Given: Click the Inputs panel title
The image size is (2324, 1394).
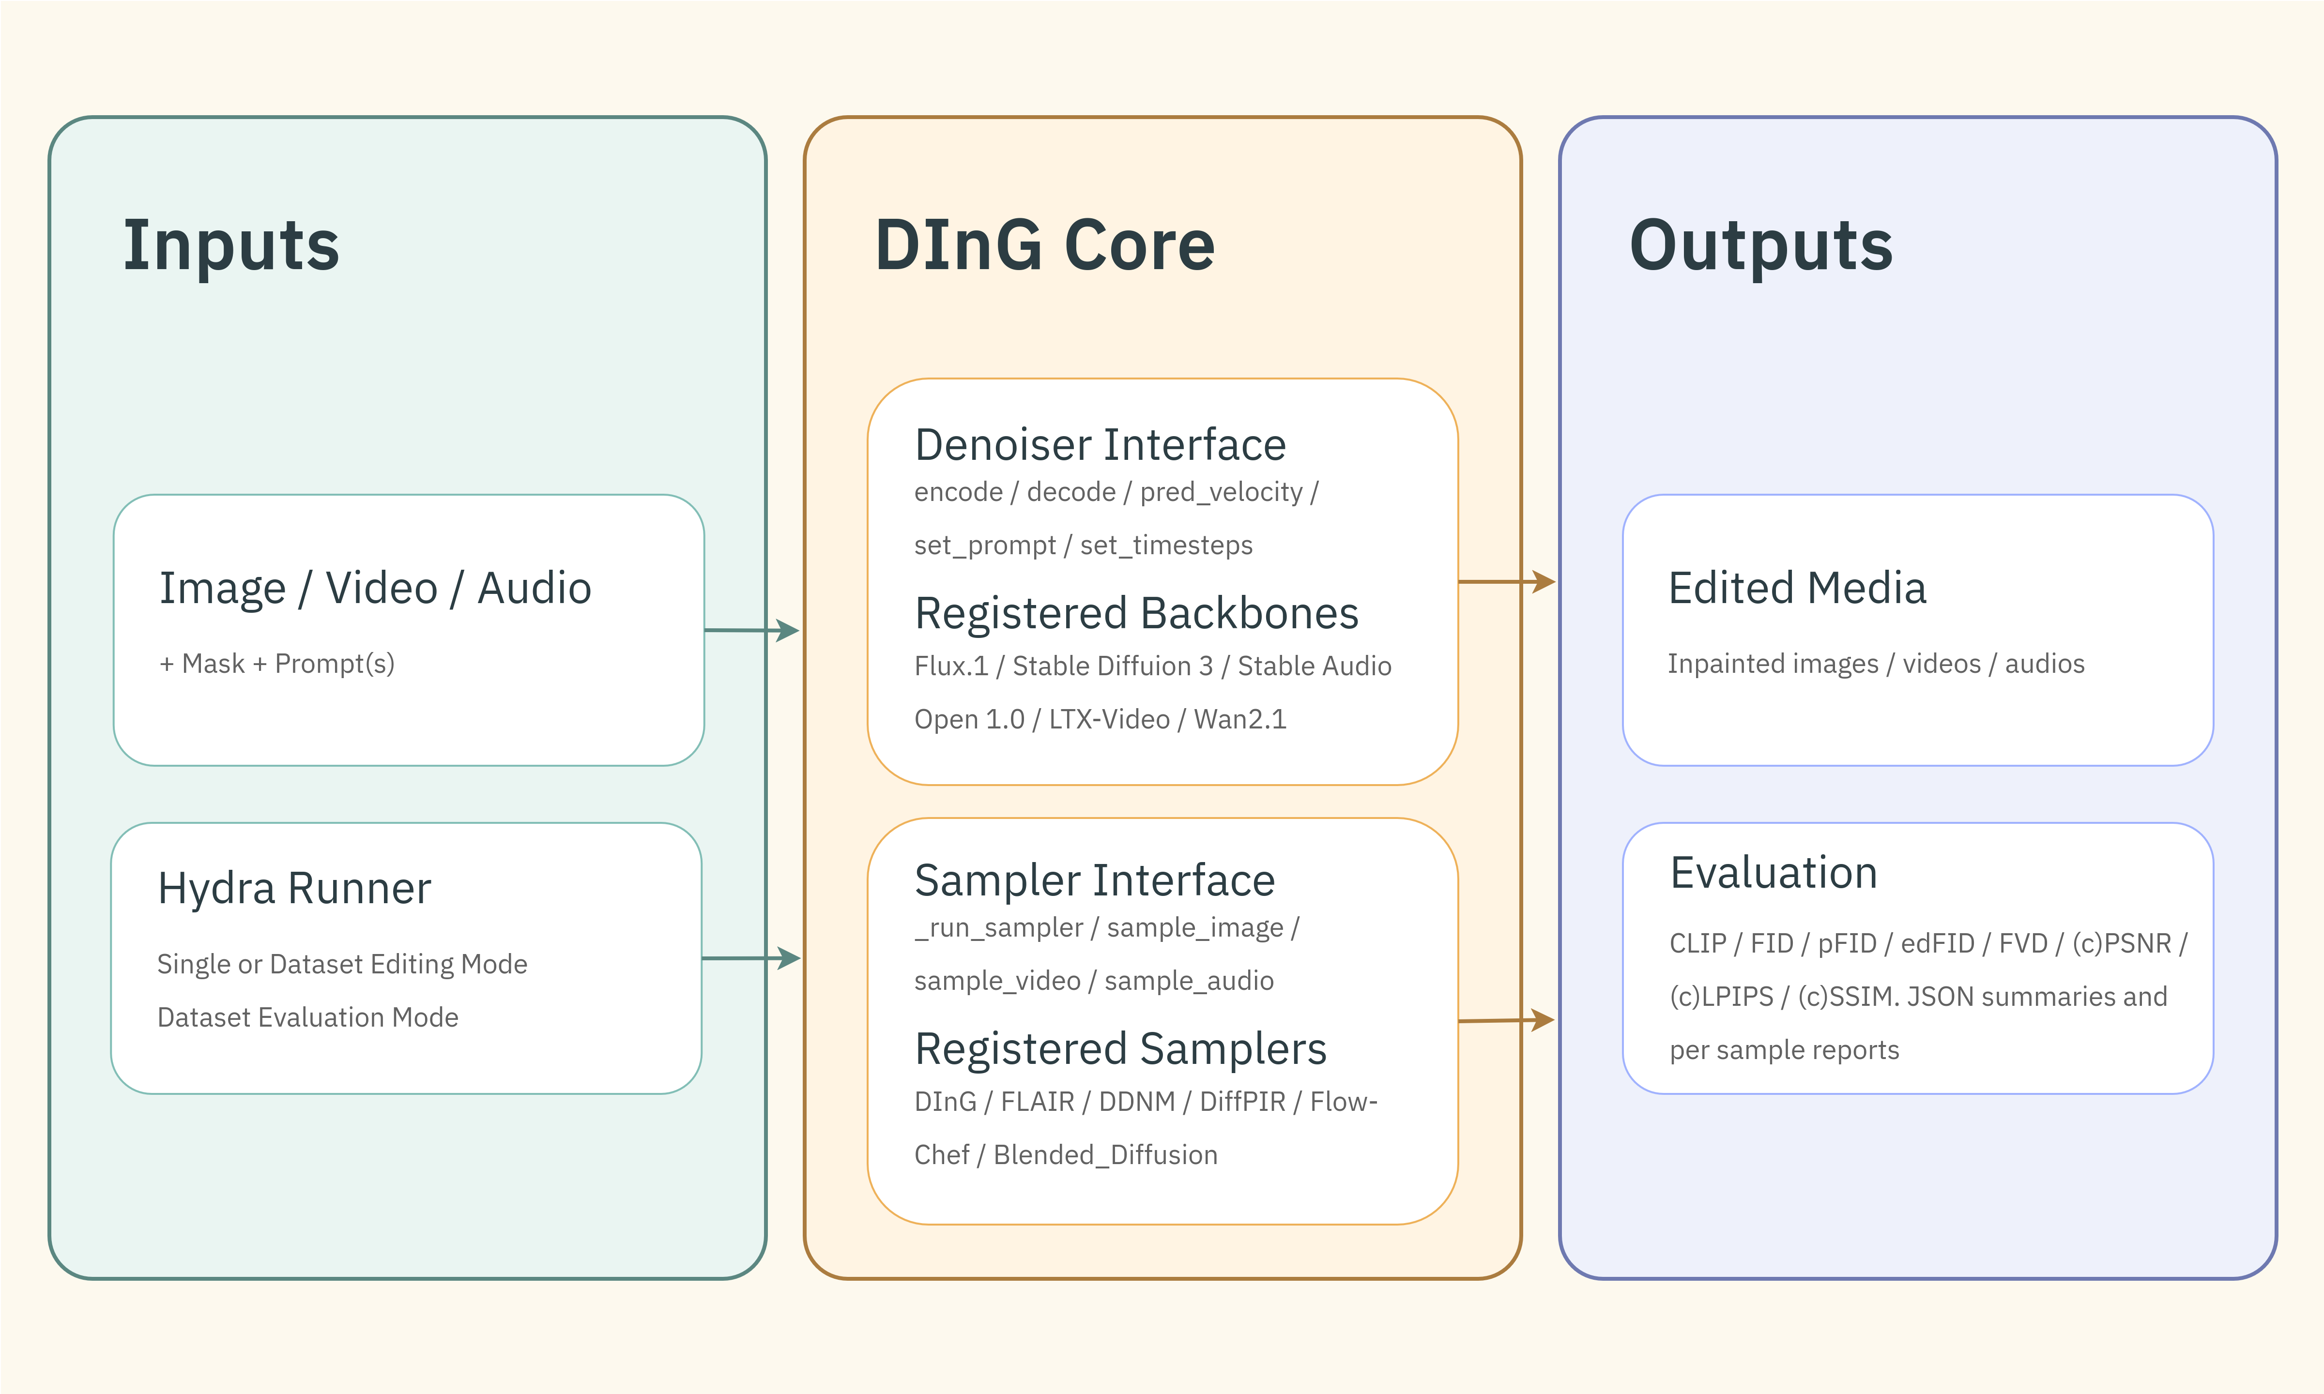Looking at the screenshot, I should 231,246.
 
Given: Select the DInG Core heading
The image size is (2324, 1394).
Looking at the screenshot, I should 1044,246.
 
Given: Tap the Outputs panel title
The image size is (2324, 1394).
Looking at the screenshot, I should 1760,246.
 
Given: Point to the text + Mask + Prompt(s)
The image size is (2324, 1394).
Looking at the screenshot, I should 277,664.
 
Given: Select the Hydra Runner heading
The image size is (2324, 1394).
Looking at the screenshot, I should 294,889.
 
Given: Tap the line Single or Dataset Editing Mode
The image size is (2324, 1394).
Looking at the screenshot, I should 342,965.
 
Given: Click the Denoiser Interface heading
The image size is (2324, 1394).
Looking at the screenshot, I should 1100,445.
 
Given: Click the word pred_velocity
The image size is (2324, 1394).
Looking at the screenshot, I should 1221,492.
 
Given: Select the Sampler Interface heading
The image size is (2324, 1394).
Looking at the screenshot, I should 1094,881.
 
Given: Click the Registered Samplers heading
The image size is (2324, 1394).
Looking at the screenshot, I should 1120,1049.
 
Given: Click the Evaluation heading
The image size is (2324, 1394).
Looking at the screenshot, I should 1773,874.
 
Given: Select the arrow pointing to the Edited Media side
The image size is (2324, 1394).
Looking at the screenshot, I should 1506,582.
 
